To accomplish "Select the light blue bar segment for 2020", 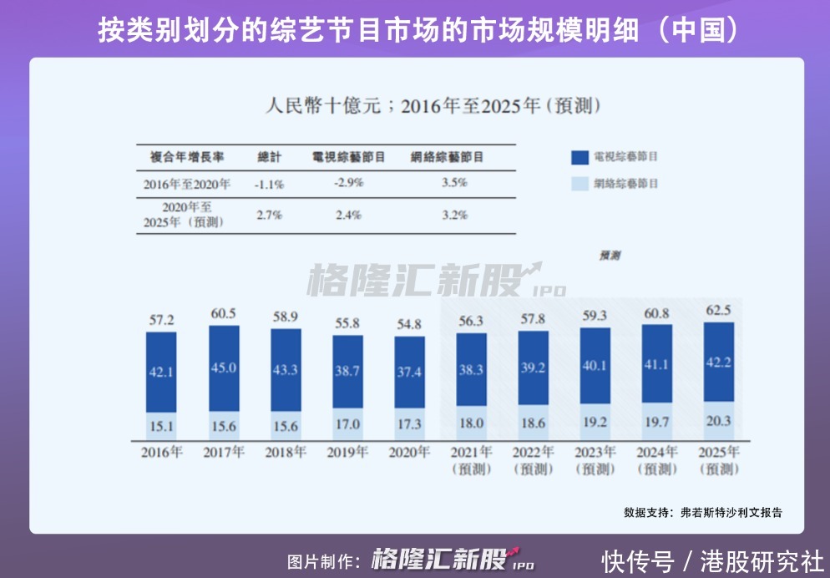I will [409, 424].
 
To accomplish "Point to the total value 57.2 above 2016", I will [161, 320].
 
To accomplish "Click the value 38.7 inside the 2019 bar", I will [347, 372].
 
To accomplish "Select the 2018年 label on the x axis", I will [286, 453].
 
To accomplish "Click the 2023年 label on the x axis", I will [595, 453].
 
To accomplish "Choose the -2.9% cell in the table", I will [347, 183].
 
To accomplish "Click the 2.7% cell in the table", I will [269, 215].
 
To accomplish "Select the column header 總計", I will [270, 156].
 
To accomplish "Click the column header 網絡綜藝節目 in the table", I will [448, 156].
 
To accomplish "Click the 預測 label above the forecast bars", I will [610, 256].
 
